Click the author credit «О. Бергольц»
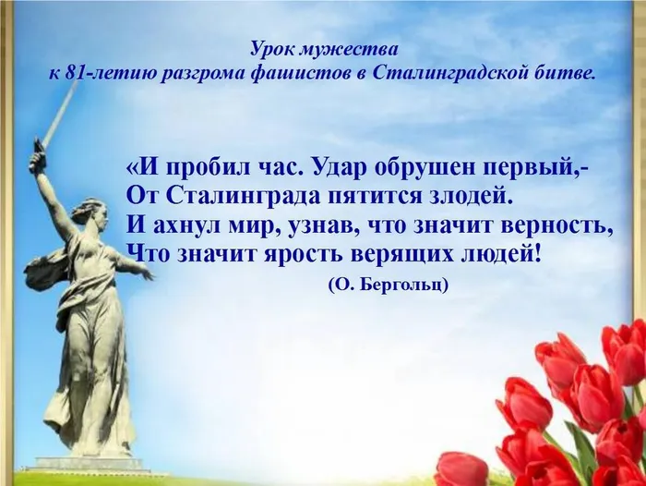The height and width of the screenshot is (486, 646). [389, 286]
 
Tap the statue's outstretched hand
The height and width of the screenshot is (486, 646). [147, 273]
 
